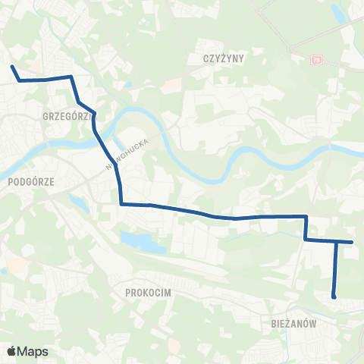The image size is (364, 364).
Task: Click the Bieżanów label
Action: pos(293,322)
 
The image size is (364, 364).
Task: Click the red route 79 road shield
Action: pos(316,58)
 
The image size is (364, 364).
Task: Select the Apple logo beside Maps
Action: pos(11,351)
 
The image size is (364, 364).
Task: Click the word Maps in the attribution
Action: pos(33,351)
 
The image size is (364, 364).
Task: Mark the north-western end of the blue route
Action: pos(12,67)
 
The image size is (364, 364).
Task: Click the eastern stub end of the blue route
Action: pos(353,243)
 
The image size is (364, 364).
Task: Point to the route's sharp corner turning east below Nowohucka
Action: pos(121,203)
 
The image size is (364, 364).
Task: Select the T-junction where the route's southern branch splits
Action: pos(336,242)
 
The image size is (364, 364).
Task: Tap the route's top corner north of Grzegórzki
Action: pos(71,77)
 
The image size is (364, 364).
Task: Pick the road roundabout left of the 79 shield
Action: pos(292,51)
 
